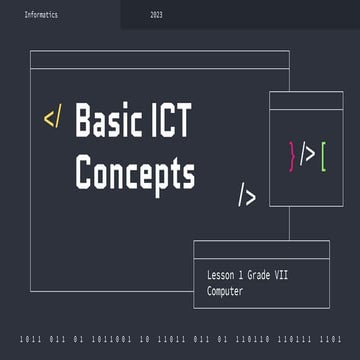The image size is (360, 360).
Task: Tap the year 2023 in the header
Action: click(156, 16)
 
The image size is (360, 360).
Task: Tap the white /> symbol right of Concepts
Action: click(246, 195)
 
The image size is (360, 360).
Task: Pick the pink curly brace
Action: click(292, 154)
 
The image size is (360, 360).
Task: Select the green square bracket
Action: click(323, 154)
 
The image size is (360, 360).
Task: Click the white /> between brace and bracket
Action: click(308, 154)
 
